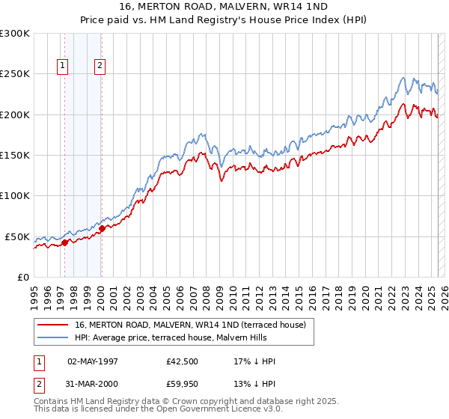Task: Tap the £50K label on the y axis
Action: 18,236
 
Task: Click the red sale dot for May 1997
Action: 64,242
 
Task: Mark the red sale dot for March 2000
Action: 103,228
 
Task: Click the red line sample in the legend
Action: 52,325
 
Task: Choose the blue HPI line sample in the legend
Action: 52,337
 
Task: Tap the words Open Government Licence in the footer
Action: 220,411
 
